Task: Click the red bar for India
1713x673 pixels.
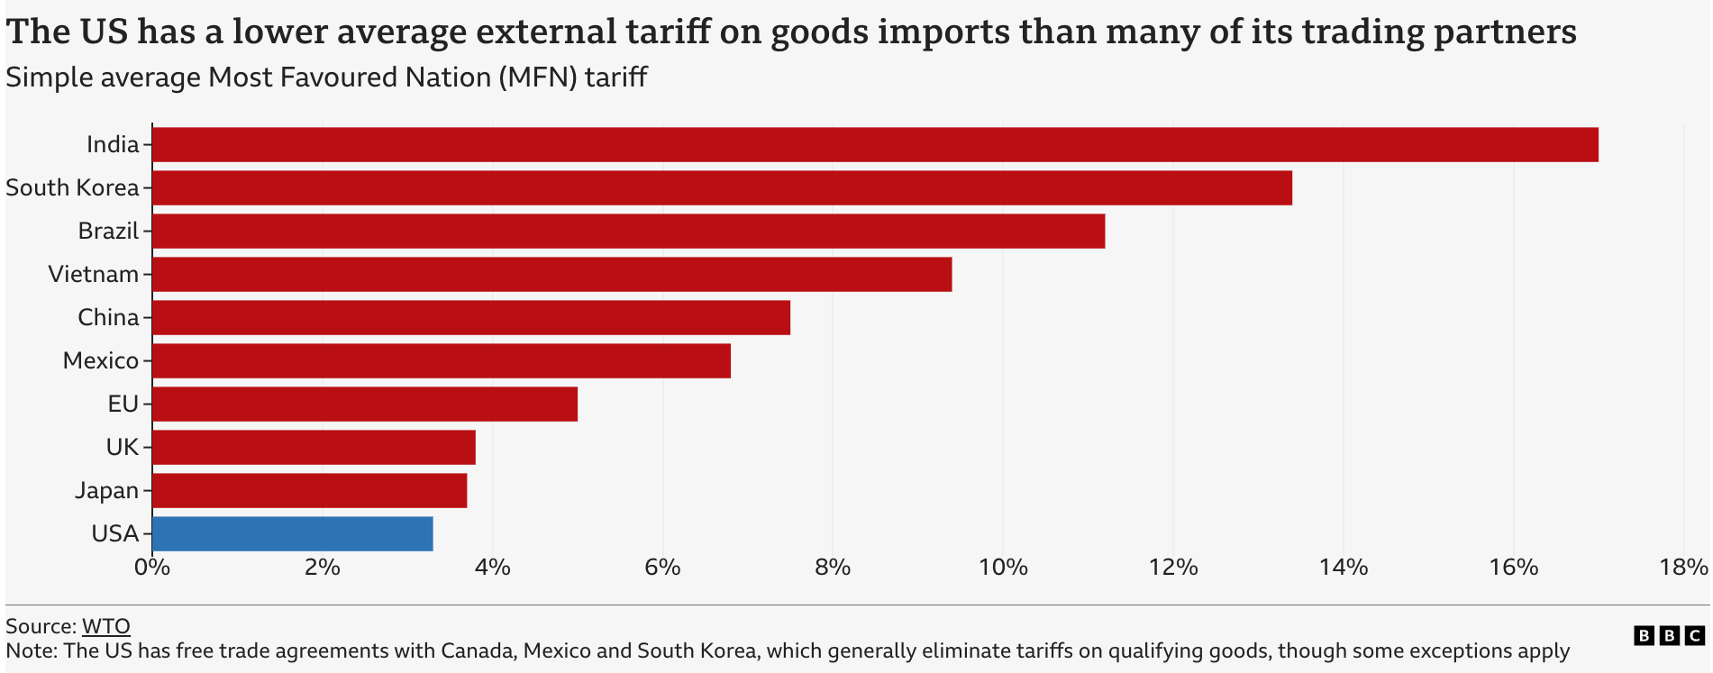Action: point(874,145)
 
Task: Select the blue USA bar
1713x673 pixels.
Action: point(293,534)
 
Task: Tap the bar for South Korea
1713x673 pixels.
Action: point(721,188)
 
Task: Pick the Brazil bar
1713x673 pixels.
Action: point(628,232)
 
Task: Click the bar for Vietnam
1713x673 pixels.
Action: point(551,275)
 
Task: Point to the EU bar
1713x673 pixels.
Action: point(365,405)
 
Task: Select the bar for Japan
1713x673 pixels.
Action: point(309,491)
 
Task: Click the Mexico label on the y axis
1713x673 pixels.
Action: point(101,361)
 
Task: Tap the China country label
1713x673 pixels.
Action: point(108,318)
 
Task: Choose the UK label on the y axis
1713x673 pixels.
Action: point(123,448)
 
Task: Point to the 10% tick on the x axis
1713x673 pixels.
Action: point(1003,568)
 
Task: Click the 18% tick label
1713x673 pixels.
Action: point(1683,568)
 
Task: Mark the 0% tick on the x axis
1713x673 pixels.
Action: point(151,568)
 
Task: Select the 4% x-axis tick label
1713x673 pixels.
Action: point(492,568)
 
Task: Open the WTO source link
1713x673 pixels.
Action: point(106,626)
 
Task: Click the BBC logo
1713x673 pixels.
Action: point(1669,636)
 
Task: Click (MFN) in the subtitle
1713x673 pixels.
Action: point(536,77)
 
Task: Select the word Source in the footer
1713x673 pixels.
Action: point(41,626)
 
